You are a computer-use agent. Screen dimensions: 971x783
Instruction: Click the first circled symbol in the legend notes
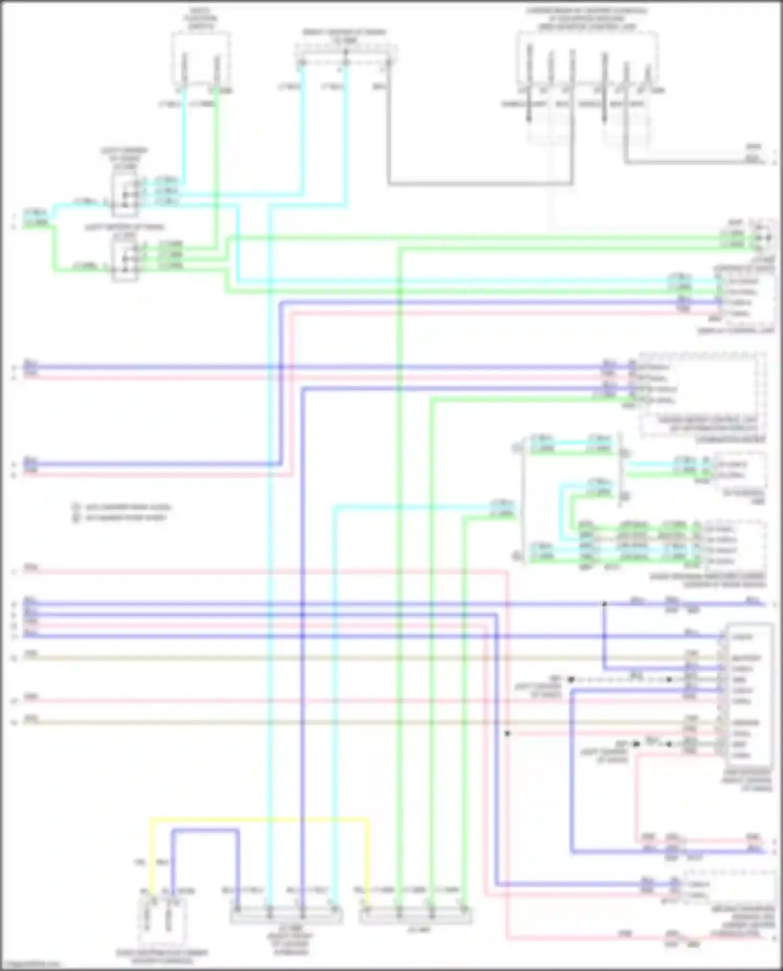click(76, 507)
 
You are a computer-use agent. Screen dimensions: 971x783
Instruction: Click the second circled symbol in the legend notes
click(76, 518)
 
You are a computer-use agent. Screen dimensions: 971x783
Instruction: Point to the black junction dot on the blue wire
click(604, 604)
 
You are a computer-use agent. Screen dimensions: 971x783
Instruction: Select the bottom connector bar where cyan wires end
click(286, 916)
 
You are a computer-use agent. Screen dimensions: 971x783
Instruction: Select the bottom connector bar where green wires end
click(416, 916)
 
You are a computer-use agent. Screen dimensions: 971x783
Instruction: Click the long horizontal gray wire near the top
click(480, 184)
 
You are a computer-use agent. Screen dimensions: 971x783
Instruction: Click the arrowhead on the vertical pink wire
click(507, 733)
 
